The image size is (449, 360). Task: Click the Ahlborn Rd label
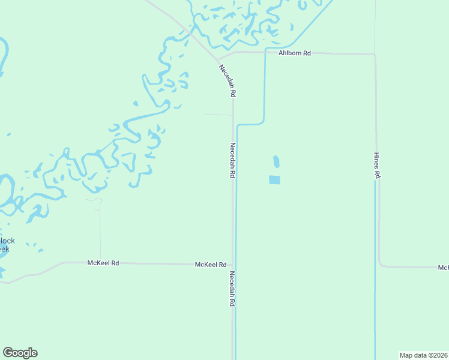point(294,53)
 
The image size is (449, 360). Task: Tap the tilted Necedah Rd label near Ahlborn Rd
point(228,80)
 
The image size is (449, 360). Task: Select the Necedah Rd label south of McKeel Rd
point(232,289)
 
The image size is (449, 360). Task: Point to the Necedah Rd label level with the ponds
point(232,160)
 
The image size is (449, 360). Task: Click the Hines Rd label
point(378,165)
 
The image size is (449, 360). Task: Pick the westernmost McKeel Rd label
point(103,263)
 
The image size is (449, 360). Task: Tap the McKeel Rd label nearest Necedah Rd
point(211,264)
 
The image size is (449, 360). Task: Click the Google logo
point(20,353)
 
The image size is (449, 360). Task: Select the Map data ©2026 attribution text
point(424,355)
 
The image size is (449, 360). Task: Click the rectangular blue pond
point(274,179)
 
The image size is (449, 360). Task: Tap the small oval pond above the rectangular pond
point(276,161)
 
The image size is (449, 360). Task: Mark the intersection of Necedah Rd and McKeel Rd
point(233,264)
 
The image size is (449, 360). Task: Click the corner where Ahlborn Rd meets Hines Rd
point(375,55)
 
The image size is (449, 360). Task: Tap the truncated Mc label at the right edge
point(443,268)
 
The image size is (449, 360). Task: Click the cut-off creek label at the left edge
point(6,245)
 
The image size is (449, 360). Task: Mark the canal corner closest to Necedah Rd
point(238,125)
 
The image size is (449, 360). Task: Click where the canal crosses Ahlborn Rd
point(265,53)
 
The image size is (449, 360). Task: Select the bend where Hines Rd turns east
point(379,265)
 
